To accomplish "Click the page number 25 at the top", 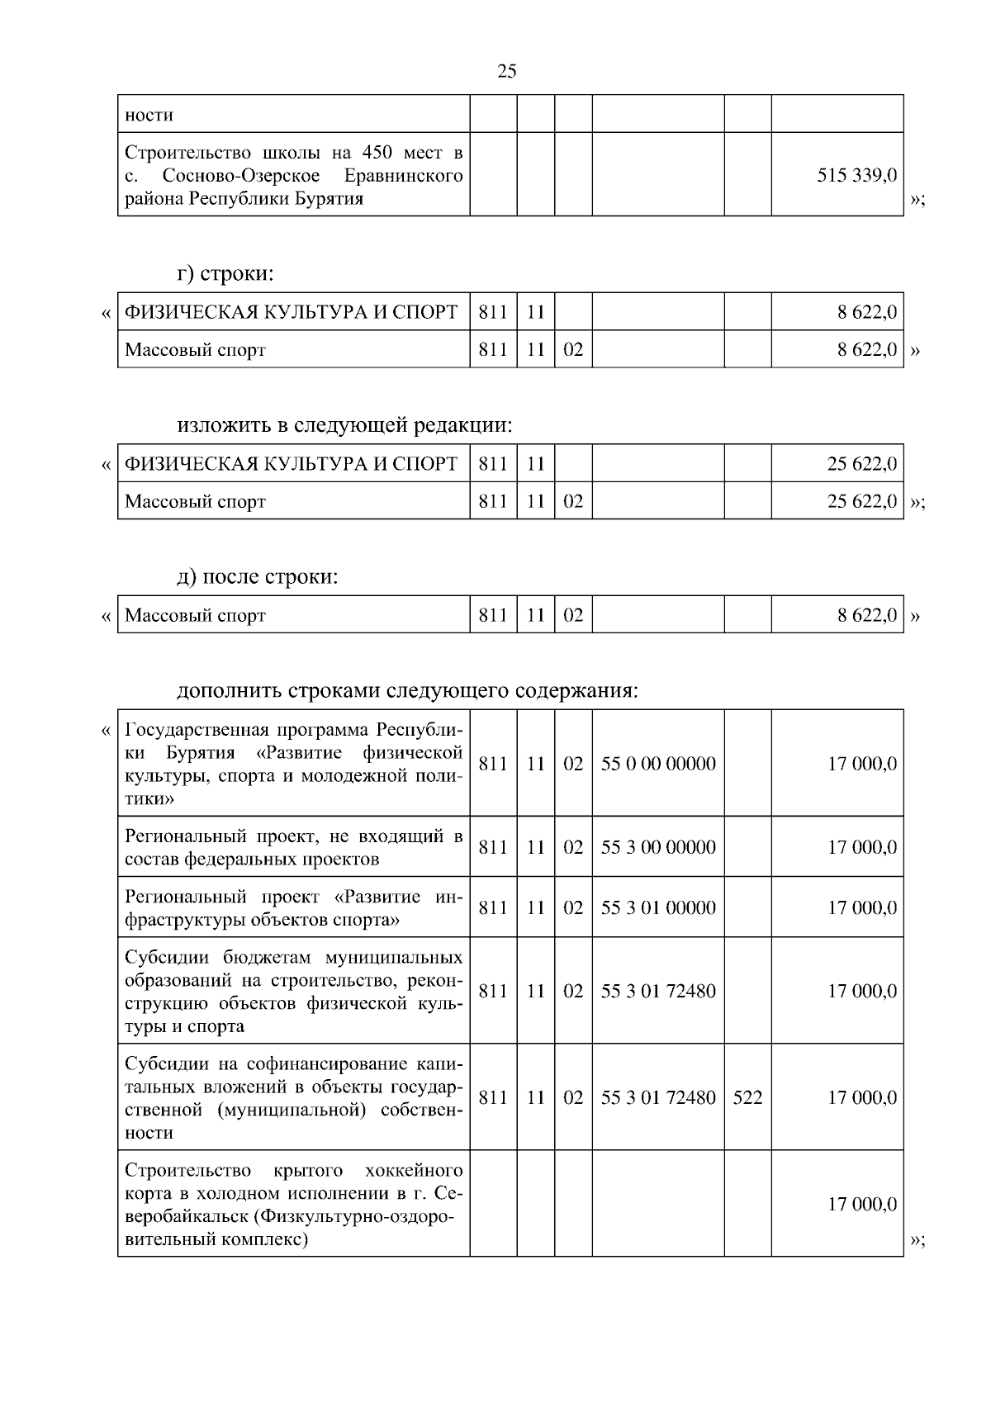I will tap(507, 71).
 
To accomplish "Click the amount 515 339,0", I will tap(857, 175).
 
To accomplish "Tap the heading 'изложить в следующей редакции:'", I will tap(344, 425).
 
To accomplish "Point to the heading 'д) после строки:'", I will tap(257, 576).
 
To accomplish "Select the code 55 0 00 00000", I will tap(658, 764).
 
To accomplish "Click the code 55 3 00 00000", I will tap(658, 847).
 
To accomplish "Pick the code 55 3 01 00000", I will tap(658, 907).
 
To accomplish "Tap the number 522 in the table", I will tap(747, 1097).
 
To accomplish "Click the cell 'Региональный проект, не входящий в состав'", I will tap(293, 847).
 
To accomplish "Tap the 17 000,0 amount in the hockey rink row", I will tap(862, 1205).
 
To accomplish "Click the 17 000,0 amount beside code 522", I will tap(862, 1097).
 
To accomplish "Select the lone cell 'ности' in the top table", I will tap(149, 115).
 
